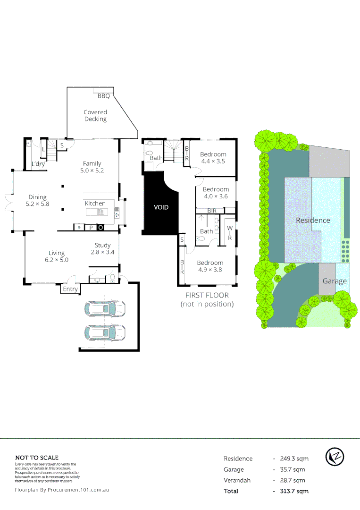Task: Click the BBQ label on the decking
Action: click(x=104, y=96)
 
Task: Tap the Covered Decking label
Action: click(x=95, y=116)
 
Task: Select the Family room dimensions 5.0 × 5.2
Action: click(x=92, y=170)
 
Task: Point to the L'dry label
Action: click(x=38, y=164)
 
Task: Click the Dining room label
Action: click(x=38, y=197)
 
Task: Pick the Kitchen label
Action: click(x=95, y=204)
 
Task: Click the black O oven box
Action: click(x=100, y=228)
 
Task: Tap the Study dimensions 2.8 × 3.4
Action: click(x=102, y=252)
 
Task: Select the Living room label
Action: click(x=57, y=253)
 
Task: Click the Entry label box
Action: click(x=70, y=289)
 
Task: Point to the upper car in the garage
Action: click(x=105, y=309)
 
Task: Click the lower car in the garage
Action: click(x=105, y=332)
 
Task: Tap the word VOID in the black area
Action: click(x=161, y=207)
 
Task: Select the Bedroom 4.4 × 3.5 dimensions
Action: click(x=213, y=161)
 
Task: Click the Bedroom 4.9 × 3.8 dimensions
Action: click(x=210, y=270)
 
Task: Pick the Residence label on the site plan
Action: click(x=313, y=220)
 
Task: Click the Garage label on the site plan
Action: click(x=335, y=280)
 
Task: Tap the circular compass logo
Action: click(x=335, y=457)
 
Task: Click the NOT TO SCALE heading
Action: click(x=37, y=458)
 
